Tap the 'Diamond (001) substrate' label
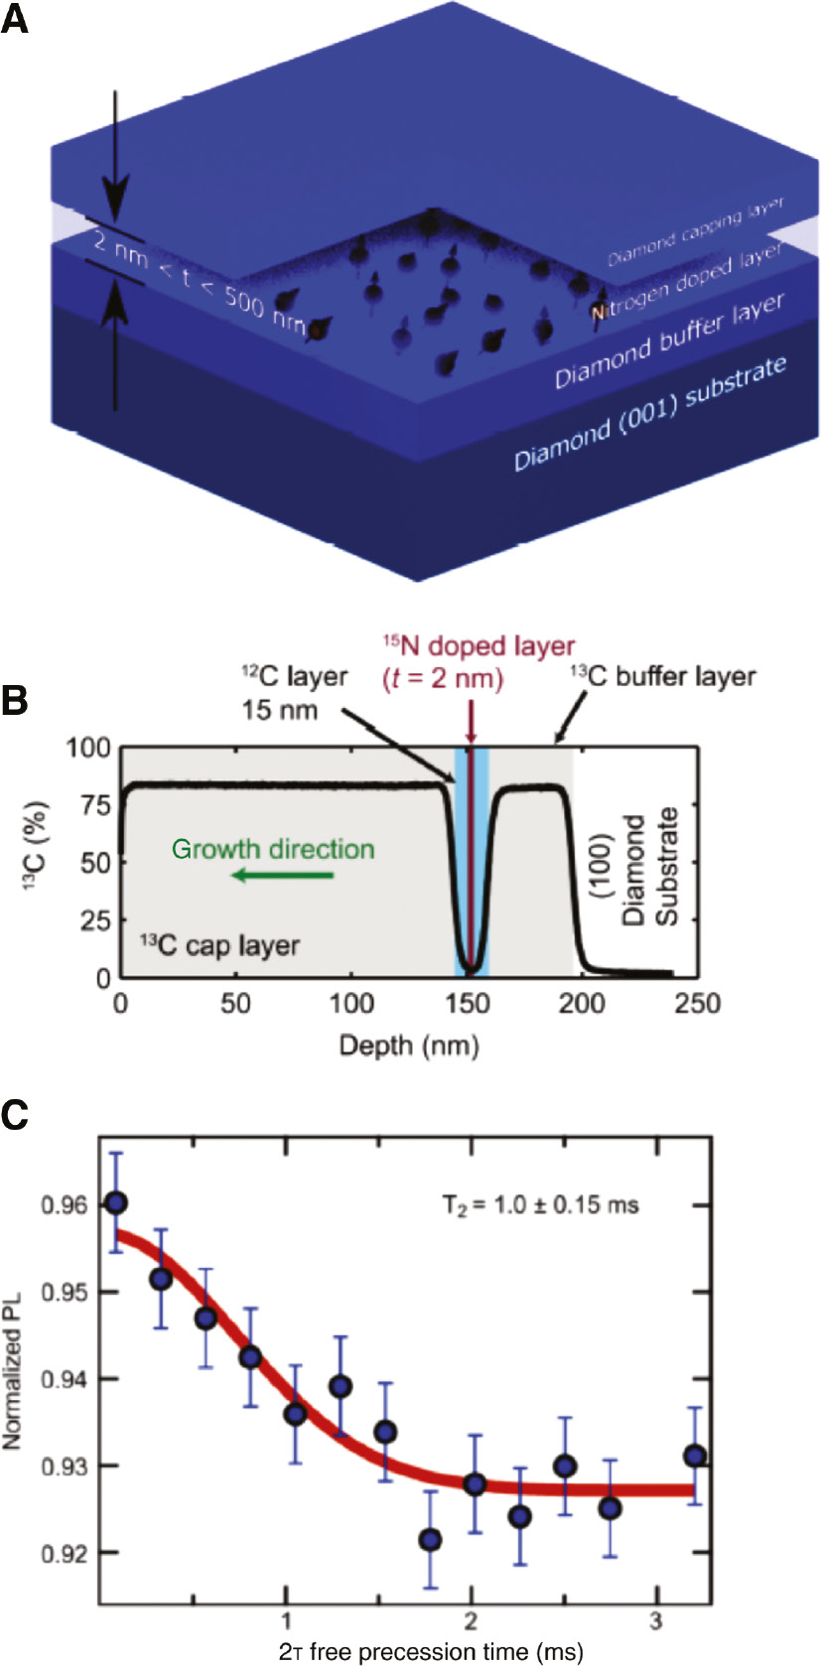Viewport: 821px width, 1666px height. pos(650,412)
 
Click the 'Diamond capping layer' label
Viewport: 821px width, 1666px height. pos(695,231)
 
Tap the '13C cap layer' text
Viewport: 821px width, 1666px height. pos(219,945)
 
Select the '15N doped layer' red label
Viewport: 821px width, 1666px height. pos(479,646)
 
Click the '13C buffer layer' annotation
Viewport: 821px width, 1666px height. pos(663,677)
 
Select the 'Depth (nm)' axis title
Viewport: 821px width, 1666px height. pos(409,1044)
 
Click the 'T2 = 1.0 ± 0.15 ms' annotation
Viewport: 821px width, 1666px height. pos(540,1205)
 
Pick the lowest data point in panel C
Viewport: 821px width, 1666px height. pos(430,1540)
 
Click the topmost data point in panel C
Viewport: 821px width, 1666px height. pos(116,1203)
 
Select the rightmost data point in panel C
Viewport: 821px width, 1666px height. pos(695,1457)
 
